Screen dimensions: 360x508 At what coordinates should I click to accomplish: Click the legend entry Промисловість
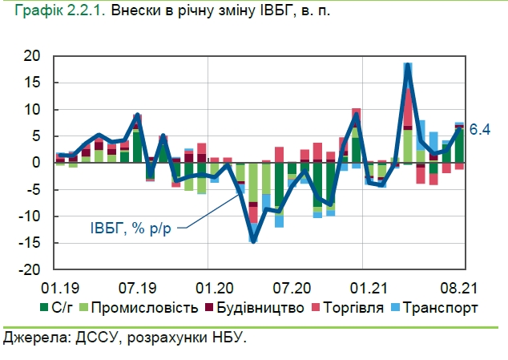[139, 307]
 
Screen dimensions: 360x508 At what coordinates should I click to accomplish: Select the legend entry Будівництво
[257, 307]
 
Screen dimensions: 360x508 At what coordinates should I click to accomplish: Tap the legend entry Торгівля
[346, 307]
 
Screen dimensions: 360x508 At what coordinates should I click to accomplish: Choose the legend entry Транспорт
[440, 307]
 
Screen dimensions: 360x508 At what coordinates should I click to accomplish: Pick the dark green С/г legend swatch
[44, 307]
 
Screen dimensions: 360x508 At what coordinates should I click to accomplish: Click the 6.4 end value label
[479, 128]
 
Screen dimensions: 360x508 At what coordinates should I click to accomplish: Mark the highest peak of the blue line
[408, 64]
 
